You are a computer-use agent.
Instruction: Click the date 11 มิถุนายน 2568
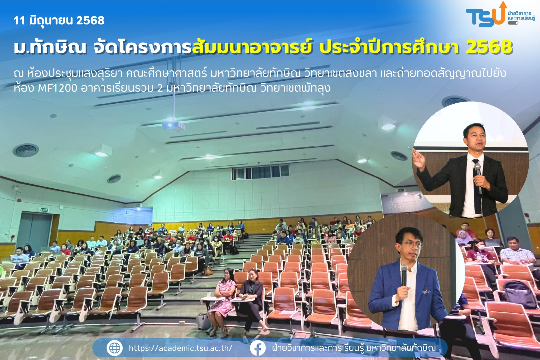59,20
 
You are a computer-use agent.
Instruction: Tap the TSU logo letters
485,16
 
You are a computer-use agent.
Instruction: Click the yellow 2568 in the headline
489,47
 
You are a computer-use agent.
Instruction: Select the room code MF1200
57,88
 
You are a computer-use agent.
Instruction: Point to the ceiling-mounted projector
173,126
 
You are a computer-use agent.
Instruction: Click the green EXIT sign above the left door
44,210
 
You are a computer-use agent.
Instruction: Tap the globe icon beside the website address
114,348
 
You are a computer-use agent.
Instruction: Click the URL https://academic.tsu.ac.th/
181,348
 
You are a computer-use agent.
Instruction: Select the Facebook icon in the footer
258,348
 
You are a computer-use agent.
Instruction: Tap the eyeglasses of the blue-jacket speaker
412,245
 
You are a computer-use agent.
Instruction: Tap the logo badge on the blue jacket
426,292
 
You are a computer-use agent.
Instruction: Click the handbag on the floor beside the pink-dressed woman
203,321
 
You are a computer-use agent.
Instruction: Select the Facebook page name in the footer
354,348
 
